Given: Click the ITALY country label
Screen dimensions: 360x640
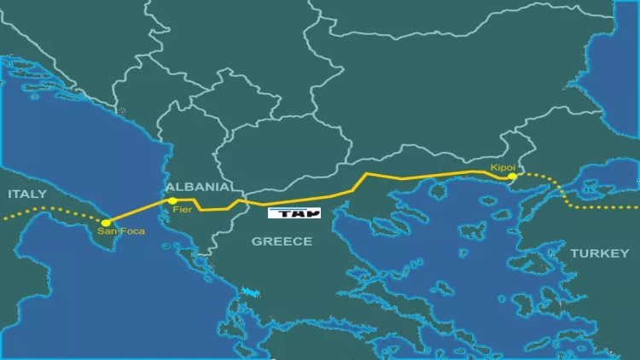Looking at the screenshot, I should [x=27, y=194].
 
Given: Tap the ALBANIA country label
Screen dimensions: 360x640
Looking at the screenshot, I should [x=198, y=186].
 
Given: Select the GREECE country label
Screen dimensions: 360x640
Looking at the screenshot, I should [x=282, y=241].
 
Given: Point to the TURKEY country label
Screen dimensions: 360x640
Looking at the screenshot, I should [x=599, y=253].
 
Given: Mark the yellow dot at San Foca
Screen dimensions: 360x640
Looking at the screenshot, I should [x=106, y=222].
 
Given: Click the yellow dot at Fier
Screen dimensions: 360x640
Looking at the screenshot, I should [x=172, y=201].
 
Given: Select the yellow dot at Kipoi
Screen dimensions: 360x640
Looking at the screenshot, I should [x=512, y=177].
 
